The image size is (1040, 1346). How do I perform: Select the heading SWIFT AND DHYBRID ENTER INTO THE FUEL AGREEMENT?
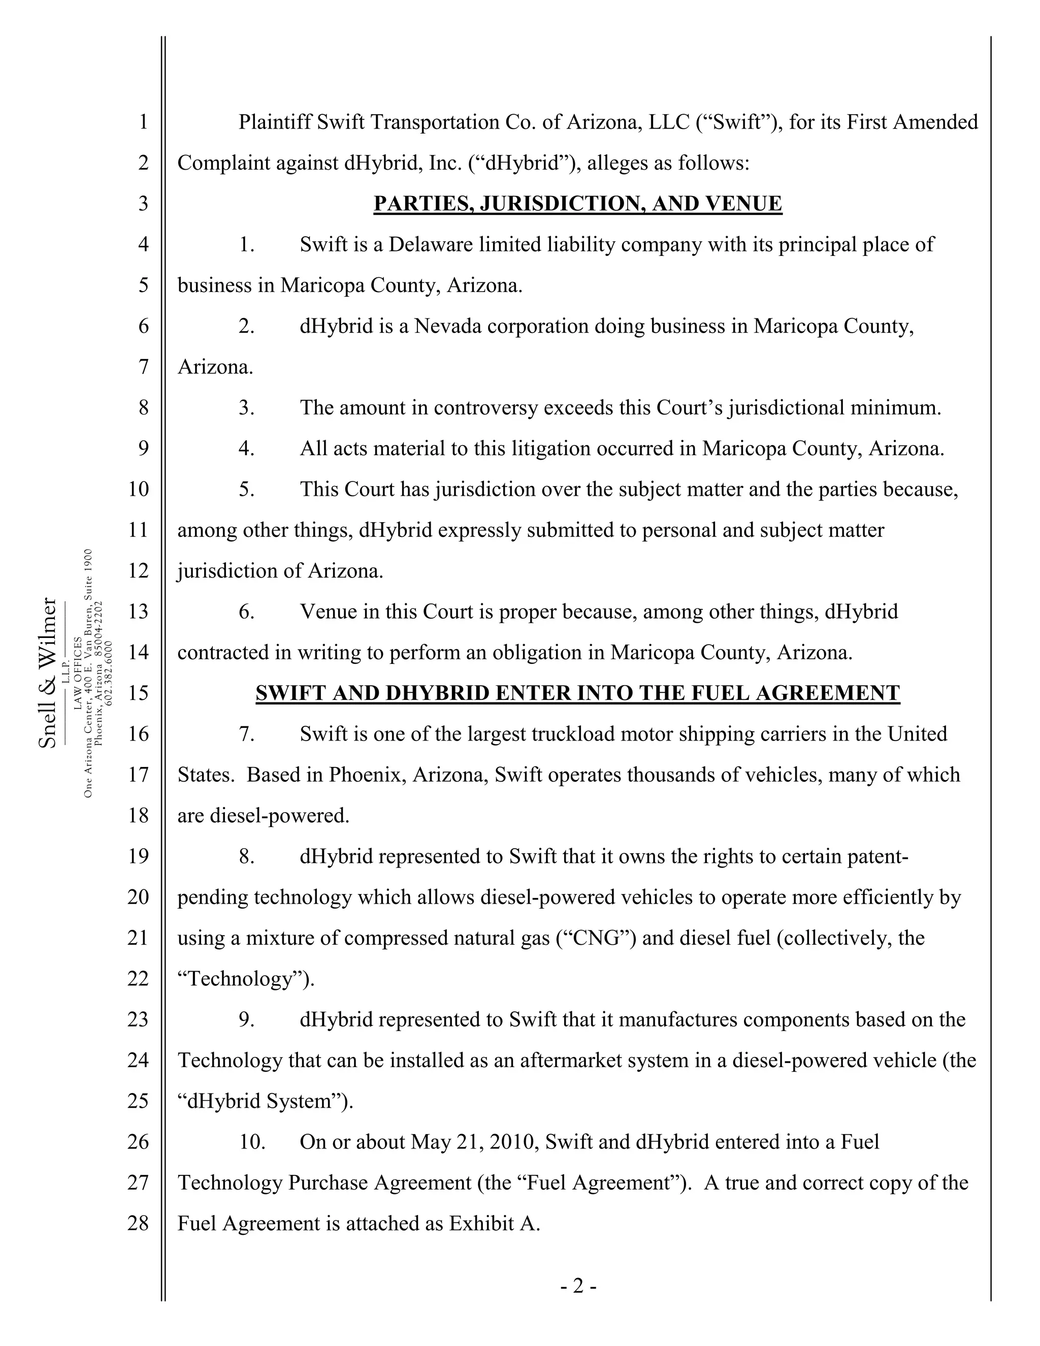click(x=577, y=693)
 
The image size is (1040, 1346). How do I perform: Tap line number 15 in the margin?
click(x=139, y=693)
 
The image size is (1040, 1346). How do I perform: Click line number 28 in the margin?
click(x=139, y=1224)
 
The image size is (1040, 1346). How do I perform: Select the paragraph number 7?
click(x=246, y=734)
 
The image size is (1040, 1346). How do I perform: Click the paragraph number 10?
click(x=252, y=1142)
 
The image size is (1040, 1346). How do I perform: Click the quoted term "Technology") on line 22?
click(x=245, y=979)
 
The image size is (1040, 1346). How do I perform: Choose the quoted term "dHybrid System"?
click(x=265, y=1101)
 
